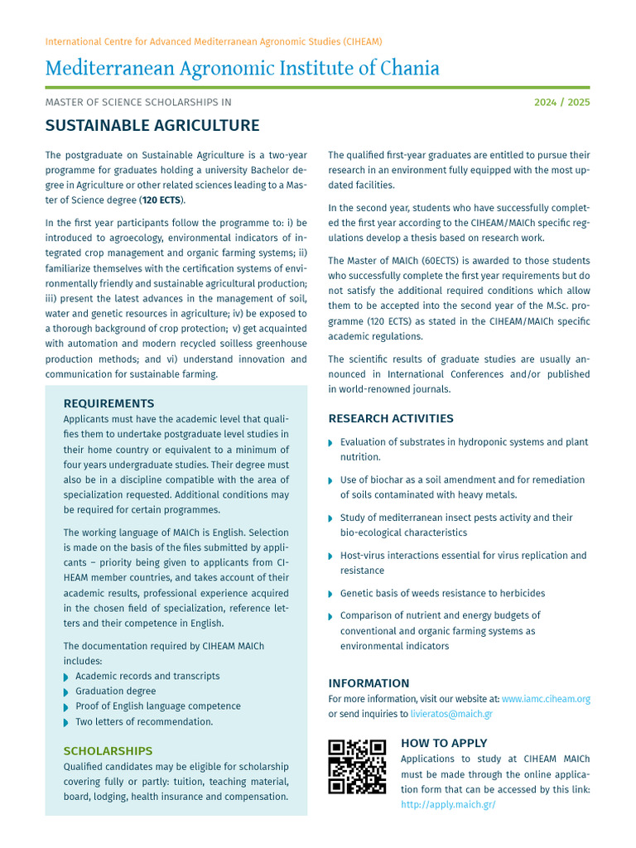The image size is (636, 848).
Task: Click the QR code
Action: click(357, 766)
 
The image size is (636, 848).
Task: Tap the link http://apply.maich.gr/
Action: click(448, 804)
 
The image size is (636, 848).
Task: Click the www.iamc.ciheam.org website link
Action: click(546, 699)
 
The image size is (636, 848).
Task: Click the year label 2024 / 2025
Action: click(561, 103)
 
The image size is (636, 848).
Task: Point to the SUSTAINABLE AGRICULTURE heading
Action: click(152, 126)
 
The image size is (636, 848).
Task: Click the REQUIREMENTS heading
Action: click(108, 403)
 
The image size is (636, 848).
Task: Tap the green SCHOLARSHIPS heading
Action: click(108, 751)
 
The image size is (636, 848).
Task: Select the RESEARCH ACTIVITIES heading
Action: click(391, 418)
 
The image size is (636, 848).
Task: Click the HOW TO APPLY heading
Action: click(444, 743)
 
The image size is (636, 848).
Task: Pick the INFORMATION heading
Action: click(369, 683)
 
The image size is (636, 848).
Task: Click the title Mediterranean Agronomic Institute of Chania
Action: click(242, 68)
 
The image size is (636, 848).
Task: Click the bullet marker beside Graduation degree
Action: click(67, 691)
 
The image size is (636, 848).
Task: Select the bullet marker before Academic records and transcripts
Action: click(67, 677)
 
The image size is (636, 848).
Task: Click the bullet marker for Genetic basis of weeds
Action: click(332, 594)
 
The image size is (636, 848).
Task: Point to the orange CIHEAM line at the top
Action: click(214, 41)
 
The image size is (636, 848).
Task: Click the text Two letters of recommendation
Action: click(144, 721)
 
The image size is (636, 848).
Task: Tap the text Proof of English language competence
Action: click(158, 706)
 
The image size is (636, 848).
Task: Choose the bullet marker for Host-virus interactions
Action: click(332, 556)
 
